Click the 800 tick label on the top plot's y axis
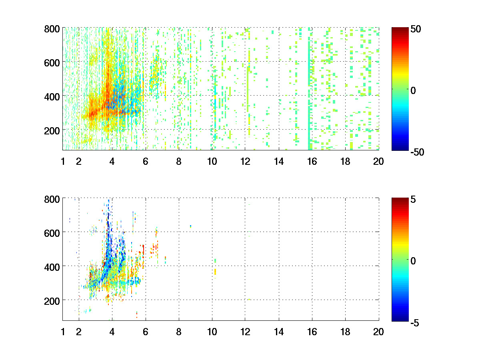52,29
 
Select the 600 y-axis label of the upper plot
52,62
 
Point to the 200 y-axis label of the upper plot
52,130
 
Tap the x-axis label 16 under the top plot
312,162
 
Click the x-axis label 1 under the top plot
63,162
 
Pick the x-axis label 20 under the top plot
378,162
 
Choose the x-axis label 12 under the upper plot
245,162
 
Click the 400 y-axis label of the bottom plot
52,266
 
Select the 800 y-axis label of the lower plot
52,199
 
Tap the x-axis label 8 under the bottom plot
179,332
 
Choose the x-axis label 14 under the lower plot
278,332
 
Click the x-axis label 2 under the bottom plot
79,332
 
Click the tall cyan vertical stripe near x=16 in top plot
309,92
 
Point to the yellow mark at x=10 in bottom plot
215,272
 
